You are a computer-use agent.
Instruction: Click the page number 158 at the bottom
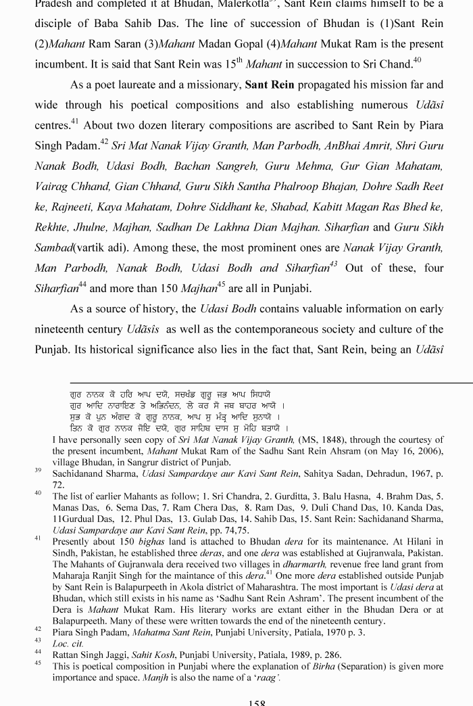(x=256, y=701)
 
